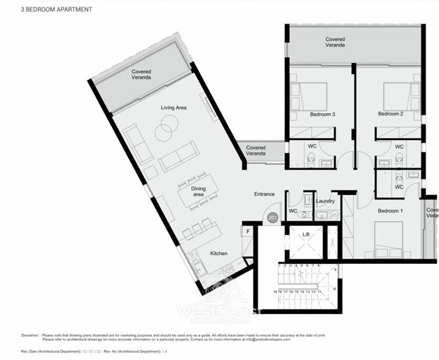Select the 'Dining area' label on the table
click(x=198, y=192)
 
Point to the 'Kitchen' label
click(x=218, y=253)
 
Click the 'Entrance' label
click(x=264, y=194)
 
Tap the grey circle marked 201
click(x=273, y=217)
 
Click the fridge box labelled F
click(x=248, y=231)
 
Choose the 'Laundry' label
click(x=325, y=202)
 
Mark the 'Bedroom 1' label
click(x=390, y=211)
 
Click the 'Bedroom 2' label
click(x=390, y=114)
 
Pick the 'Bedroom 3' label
click(x=323, y=114)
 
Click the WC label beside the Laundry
click(x=293, y=211)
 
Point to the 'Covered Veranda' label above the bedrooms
click(x=335, y=43)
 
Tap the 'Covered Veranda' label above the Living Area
click(x=141, y=74)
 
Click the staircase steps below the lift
click(x=297, y=281)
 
